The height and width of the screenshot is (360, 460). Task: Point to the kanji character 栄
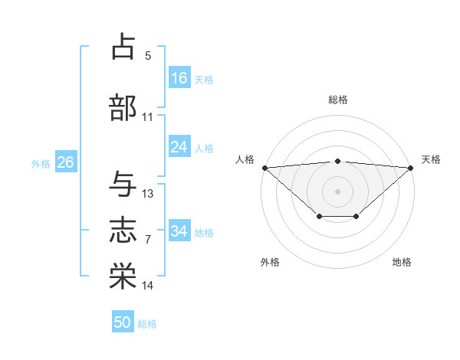pos(123,275)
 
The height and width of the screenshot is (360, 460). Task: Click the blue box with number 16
pos(179,78)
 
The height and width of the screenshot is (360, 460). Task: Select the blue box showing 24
pos(179,147)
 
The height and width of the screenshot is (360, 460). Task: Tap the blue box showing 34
pos(179,231)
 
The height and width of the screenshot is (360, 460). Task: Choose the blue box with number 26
pos(65,162)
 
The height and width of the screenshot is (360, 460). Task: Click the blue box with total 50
pos(123,322)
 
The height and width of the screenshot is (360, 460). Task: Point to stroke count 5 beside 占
pos(148,56)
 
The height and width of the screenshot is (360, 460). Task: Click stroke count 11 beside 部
pos(148,118)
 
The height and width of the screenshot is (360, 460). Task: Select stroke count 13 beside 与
pos(148,194)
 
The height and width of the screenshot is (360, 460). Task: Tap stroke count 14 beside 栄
pos(148,286)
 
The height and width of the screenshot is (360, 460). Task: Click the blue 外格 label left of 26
pos(41,163)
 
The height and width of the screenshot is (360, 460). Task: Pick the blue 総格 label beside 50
pos(147,324)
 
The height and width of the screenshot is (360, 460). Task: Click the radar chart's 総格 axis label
pos(337,100)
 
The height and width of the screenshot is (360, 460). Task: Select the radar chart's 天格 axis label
pos(432,159)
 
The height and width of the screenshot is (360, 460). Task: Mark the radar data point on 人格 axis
pos(264,168)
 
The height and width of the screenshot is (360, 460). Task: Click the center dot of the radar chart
pos(337,191)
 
